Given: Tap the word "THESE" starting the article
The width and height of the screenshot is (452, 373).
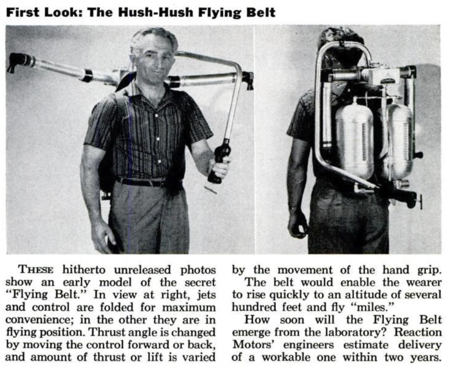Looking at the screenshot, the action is pyautogui.click(x=36, y=270).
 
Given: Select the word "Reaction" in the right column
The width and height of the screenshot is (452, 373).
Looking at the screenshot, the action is pyautogui.click(x=418, y=332).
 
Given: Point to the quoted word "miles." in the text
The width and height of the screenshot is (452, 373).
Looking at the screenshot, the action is pyautogui.click(x=373, y=307).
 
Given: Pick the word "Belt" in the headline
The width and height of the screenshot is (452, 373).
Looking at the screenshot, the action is pyautogui.click(x=263, y=13).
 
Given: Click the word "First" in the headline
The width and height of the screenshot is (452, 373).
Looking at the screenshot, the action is pyautogui.click(x=21, y=13).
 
